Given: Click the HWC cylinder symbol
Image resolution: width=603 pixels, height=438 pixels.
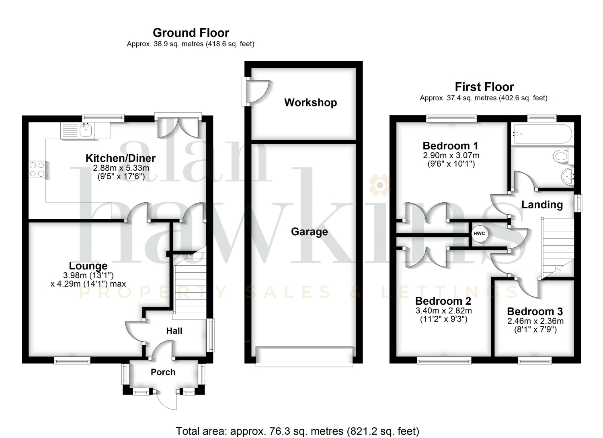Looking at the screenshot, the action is (x=479, y=233).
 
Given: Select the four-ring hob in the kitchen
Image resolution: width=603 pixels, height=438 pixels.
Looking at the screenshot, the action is (x=37, y=169).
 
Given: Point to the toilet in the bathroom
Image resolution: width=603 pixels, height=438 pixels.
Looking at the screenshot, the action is (x=564, y=156).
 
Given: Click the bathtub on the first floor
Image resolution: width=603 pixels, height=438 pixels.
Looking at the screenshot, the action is (x=542, y=134).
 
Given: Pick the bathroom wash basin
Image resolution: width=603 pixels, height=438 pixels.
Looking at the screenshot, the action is (x=568, y=177).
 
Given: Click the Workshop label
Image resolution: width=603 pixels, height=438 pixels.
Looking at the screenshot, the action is (x=311, y=102).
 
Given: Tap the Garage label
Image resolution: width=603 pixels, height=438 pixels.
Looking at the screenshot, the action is (x=310, y=232).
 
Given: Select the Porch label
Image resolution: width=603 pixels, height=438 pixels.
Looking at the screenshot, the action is (x=163, y=372).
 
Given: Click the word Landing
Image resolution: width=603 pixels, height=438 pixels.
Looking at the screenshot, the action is (x=542, y=205).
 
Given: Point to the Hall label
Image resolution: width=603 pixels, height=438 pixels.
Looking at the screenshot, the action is (x=174, y=331).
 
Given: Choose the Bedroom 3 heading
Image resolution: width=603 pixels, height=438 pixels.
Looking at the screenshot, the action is (x=535, y=312).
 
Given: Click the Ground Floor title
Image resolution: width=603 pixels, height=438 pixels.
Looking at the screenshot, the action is (x=191, y=33).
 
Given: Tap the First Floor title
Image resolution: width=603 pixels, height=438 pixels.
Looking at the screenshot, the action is (x=484, y=87).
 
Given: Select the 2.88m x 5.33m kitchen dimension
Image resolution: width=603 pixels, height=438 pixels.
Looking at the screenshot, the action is (x=121, y=168).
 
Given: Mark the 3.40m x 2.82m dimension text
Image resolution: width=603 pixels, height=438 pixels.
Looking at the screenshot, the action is (x=444, y=311).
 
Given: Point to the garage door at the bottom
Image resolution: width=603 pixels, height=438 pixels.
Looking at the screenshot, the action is (x=304, y=357).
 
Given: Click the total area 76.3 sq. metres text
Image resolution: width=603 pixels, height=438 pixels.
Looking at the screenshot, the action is (x=297, y=431).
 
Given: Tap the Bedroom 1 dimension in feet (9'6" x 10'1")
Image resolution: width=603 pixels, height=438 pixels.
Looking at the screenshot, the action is (x=451, y=164).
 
